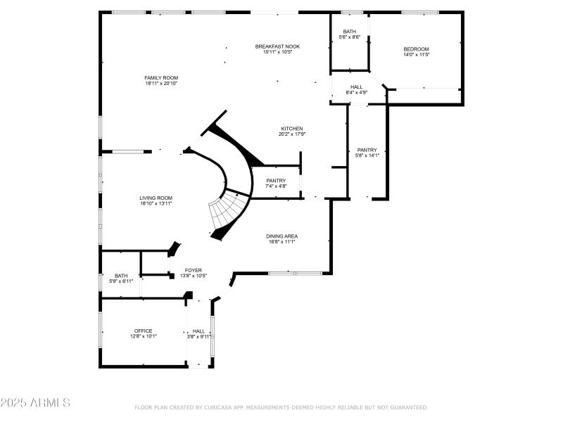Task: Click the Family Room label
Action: tap(161, 77)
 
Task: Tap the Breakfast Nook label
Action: tap(277, 46)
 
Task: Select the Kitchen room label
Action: tap(292, 129)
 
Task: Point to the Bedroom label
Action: tap(416, 49)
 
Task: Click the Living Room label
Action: tap(156, 198)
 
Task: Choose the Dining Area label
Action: tap(281, 236)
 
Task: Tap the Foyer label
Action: tap(194, 270)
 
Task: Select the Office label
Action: tap(144, 331)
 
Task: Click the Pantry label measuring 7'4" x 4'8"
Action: tap(276, 181)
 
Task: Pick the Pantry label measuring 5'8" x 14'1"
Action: tap(367, 150)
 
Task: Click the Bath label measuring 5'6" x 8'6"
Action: tap(350, 32)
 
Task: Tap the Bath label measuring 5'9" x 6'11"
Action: tap(122, 276)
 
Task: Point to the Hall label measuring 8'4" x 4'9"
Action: tap(357, 87)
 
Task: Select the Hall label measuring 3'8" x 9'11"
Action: tap(199, 331)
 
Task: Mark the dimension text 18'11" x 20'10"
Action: tap(161, 84)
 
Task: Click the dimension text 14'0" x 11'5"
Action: tap(416, 54)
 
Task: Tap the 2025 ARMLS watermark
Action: tap(35, 403)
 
